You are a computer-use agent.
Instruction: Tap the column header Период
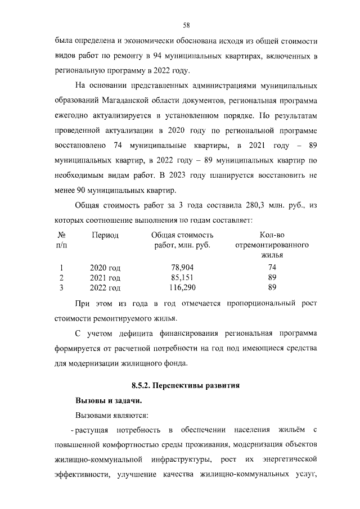tap(105, 235)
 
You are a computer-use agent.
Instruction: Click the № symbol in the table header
tap(62, 235)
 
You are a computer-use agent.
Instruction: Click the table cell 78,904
tap(182, 268)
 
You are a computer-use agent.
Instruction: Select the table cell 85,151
tap(182, 278)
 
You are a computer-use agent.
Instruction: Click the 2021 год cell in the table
tap(105, 278)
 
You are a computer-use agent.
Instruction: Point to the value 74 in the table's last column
tap(273, 268)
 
